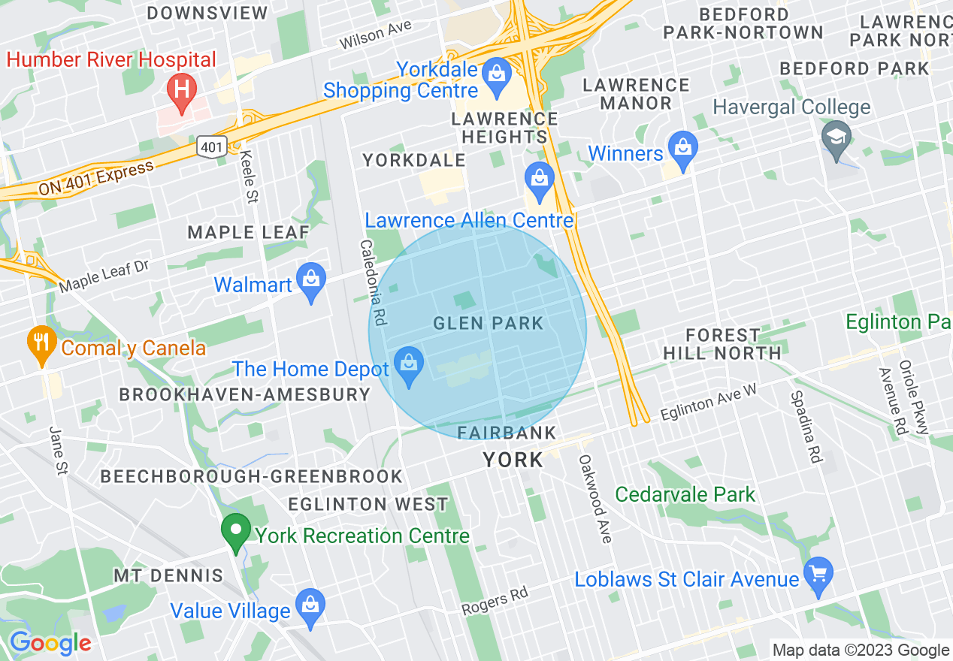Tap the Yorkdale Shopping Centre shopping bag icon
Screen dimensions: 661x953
tap(496, 74)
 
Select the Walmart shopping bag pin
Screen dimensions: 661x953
tap(311, 281)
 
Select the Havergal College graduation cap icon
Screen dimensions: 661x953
tap(835, 138)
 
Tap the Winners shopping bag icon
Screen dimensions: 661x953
tap(682, 149)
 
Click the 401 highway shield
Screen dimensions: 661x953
tap(212, 147)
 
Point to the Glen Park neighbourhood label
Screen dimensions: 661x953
tap(488, 324)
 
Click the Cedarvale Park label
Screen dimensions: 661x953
tap(685, 494)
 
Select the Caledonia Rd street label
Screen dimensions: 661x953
tap(372, 282)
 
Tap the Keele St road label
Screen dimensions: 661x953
tap(248, 177)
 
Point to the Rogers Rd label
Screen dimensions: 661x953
tap(495, 601)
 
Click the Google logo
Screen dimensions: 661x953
tap(50, 643)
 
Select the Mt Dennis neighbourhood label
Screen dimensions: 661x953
tap(168, 576)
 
